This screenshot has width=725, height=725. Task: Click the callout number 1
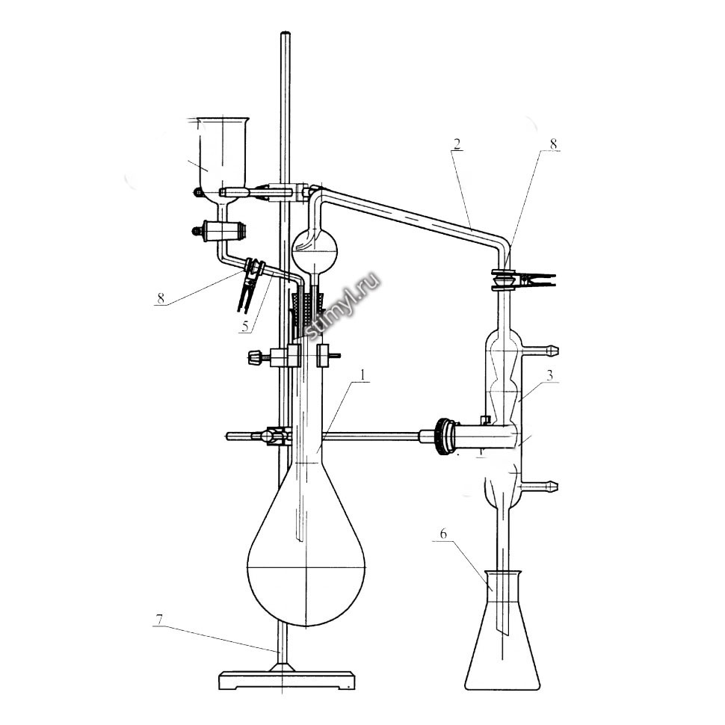363,374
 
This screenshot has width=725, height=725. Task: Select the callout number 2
457,144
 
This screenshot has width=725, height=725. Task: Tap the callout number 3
549,374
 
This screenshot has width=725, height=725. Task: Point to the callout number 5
245,326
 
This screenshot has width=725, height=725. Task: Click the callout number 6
443,534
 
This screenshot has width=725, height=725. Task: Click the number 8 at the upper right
553,144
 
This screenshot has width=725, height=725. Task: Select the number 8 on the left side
161,297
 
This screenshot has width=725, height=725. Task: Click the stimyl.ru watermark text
343,305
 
